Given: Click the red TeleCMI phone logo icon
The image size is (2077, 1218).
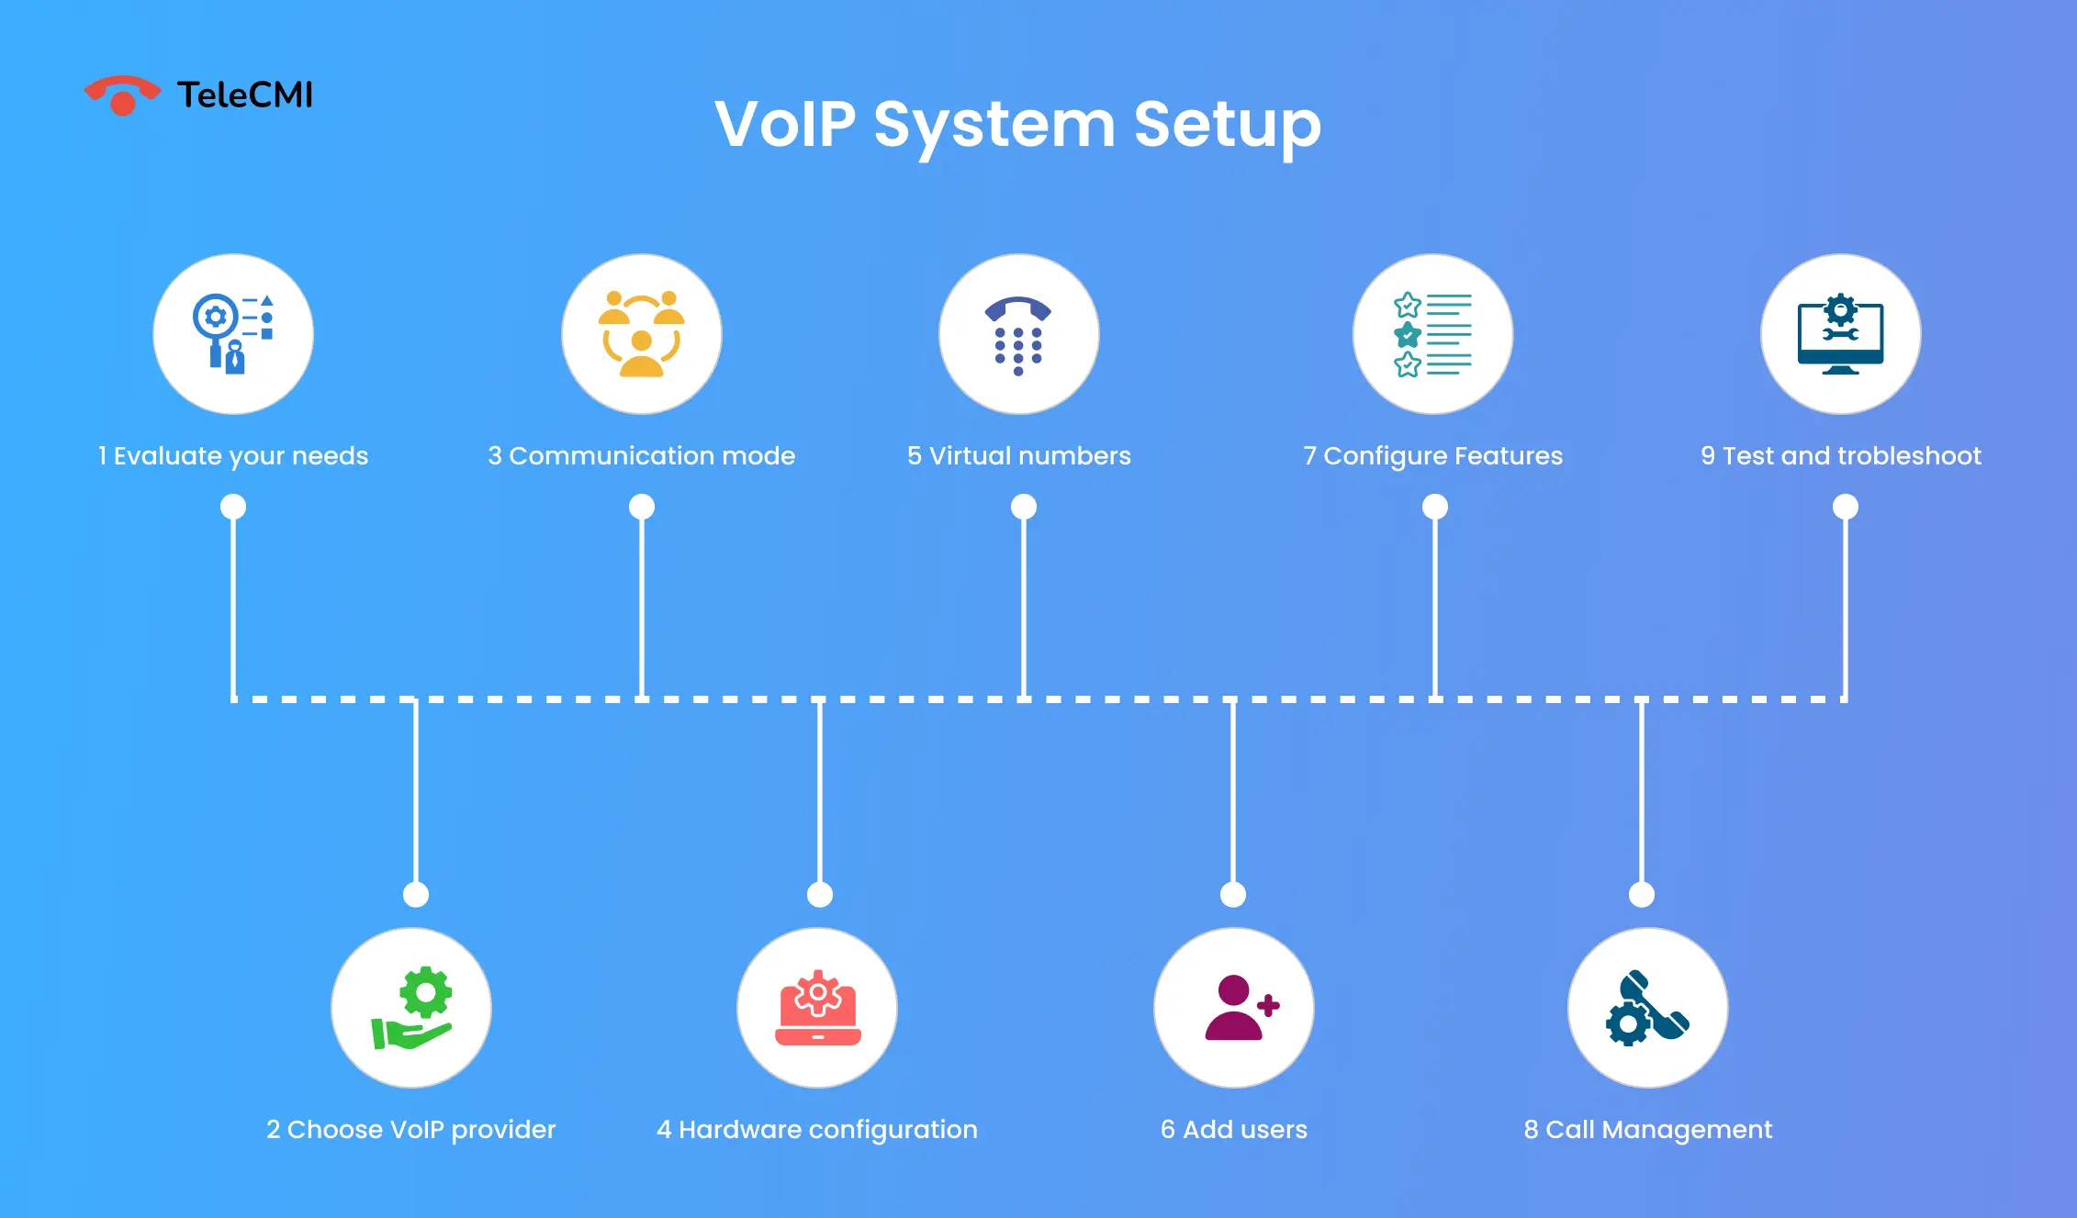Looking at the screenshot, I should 122,95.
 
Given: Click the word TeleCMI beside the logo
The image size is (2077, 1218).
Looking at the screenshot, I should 244,95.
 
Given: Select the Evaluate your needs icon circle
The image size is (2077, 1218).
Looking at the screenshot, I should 233,334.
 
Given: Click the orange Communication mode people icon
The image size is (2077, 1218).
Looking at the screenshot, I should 642,334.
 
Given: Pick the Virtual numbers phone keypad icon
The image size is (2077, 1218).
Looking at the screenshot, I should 1018,334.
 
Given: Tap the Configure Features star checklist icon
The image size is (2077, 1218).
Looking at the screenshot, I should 1432,334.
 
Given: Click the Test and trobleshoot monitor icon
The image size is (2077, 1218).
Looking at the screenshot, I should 1840,334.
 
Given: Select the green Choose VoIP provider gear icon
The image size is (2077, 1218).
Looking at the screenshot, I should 411,1008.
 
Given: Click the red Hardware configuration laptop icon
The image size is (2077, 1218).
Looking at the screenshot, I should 817,1008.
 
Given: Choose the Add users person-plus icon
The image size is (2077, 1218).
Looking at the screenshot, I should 1234,1008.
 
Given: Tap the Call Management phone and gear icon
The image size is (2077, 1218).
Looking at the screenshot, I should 1647,1008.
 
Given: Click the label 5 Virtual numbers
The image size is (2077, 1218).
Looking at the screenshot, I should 1018,455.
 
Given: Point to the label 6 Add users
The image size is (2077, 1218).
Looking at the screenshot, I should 1233,1129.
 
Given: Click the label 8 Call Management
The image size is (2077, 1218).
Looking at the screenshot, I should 1647,1129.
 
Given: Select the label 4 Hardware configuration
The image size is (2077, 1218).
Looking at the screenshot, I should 816,1129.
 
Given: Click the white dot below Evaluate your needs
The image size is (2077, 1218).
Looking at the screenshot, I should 233,507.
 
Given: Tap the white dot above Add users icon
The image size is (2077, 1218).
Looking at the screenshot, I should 1233,894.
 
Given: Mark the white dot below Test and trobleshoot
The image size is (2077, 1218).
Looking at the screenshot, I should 1846,507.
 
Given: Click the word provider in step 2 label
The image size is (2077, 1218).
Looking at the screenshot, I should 503,1130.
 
